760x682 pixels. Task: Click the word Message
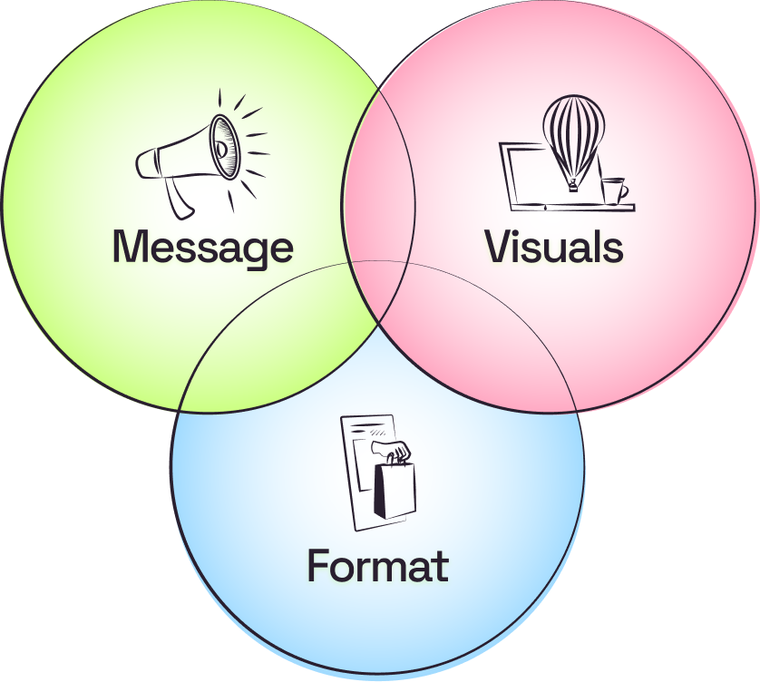pyautogui.click(x=202, y=247)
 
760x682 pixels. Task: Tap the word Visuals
pyautogui.click(x=554, y=247)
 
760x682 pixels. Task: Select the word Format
pyautogui.click(x=377, y=566)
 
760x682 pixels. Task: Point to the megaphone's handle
pyautogui.click(x=179, y=198)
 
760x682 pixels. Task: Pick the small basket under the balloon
pyautogui.click(x=573, y=186)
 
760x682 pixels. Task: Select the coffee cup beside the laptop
pyautogui.click(x=614, y=190)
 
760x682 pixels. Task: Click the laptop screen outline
pyautogui.click(x=526, y=177)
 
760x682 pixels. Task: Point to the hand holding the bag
pyautogui.click(x=397, y=451)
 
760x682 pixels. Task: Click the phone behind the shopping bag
pyautogui.click(x=363, y=472)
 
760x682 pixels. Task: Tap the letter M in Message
pyautogui.click(x=131, y=247)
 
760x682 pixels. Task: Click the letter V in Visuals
pyautogui.click(x=499, y=247)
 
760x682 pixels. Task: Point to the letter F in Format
pyautogui.click(x=317, y=566)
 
